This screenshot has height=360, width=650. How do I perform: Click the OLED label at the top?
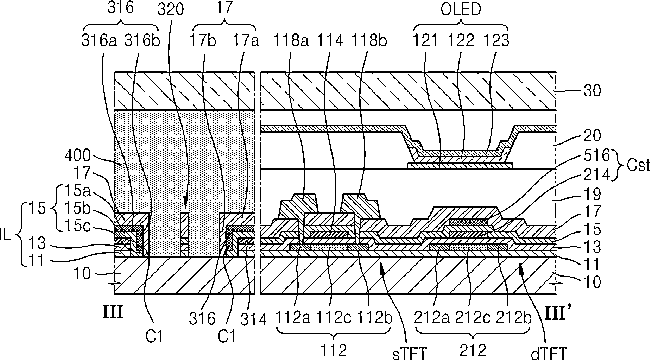461,9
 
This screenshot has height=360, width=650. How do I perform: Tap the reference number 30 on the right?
592,90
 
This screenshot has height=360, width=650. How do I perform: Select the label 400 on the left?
77,156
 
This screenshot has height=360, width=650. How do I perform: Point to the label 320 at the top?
170,9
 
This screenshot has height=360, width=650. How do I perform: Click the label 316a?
99,40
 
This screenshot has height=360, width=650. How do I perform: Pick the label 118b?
369,40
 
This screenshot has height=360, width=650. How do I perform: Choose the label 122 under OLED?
461,40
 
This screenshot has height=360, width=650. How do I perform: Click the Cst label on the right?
638,165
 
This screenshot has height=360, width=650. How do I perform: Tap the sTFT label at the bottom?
409,353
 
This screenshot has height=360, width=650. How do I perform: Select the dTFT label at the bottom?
548,353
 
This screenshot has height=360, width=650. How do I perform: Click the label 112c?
334,318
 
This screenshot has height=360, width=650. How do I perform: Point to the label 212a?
432,318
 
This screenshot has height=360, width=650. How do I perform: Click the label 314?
253,319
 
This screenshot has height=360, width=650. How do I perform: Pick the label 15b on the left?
77,208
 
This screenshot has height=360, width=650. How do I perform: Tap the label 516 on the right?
597,156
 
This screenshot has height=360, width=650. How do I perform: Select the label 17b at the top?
203,40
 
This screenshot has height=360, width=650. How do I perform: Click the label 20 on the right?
592,135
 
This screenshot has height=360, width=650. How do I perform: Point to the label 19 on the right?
592,194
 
